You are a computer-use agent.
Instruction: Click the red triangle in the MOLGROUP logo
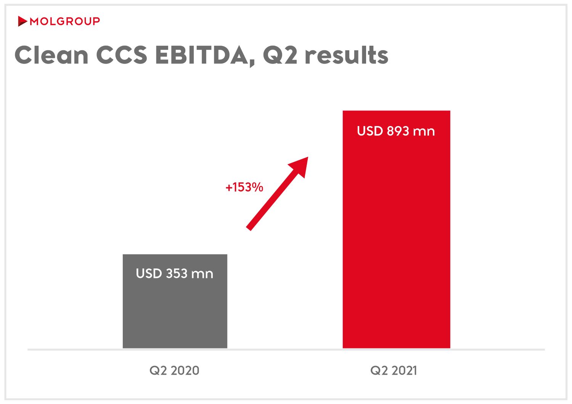[22, 21]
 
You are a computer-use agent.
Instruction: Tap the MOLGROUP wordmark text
[65, 21]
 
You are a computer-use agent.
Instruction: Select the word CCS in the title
[122, 56]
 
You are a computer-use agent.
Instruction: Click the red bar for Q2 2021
[396, 236]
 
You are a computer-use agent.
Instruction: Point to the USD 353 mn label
[175, 273]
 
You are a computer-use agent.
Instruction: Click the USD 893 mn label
[396, 131]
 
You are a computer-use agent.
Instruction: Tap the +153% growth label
[244, 187]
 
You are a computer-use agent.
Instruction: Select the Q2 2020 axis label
[174, 370]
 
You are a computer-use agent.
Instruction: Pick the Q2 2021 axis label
[394, 370]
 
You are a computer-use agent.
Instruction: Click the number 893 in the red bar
[398, 131]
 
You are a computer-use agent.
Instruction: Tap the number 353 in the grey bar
[177, 273]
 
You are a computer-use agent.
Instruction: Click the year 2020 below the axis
[185, 370]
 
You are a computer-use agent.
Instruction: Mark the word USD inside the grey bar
[149, 273]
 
